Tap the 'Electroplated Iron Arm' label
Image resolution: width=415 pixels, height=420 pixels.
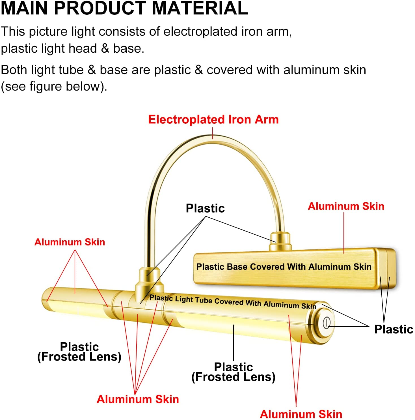coord(213,119)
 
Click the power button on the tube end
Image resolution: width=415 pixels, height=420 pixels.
coord(327,323)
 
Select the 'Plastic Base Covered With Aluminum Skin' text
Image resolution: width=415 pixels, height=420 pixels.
coord(284,267)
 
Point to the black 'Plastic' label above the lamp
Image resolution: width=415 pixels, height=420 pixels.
coord(205,208)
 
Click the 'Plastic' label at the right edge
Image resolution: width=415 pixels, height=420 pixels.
coord(394,329)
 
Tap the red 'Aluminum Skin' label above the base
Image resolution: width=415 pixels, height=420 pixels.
coord(346,206)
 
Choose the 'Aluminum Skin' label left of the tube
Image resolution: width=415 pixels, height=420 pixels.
coord(70,242)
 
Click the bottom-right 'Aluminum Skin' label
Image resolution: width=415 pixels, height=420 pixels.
coord(301,414)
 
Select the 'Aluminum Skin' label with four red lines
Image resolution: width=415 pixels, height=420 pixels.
coord(138,399)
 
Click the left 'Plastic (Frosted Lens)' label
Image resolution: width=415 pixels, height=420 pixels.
coord(79,352)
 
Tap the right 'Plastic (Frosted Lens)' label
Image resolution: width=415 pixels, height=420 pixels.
coord(234,372)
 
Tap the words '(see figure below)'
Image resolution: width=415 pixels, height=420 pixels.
coord(54,87)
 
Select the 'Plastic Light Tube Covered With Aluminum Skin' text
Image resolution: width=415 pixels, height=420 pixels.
coord(233,302)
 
